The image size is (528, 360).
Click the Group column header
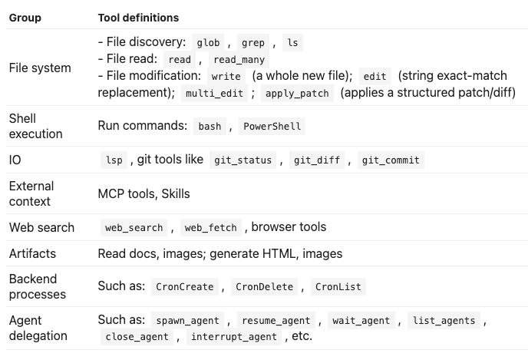click(x=25, y=18)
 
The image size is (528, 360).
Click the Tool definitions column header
click(x=138, y=18)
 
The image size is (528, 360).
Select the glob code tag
click(x=208, y=43)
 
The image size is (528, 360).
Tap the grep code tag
click(x=253, y=43)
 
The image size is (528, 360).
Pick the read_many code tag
click(x=239, y=60)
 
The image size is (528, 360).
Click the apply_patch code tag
click(x=297, y=94)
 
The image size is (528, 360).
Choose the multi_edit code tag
click(x=215, y=94)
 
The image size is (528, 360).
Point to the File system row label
click(x=40, y=68)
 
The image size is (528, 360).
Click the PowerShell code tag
click(x=272, y=127)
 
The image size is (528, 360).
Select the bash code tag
click(x=210, y=127)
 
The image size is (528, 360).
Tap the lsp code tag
click(x=114, y=160)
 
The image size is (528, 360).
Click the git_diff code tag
click(x=317, y=160)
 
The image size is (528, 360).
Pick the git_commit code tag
click(x=391, y=160)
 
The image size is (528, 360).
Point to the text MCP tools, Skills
click(x=144, y=193)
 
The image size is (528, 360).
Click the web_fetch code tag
click(x=211, y=228)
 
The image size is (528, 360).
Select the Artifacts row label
click(x=32, y=253)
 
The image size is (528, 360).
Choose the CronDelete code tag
click(x=264, y=286)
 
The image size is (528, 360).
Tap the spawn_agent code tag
click(x=187, y=320)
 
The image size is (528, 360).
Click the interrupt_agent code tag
click(x=234, y=337)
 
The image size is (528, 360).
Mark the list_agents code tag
click(x=444, y=320)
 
